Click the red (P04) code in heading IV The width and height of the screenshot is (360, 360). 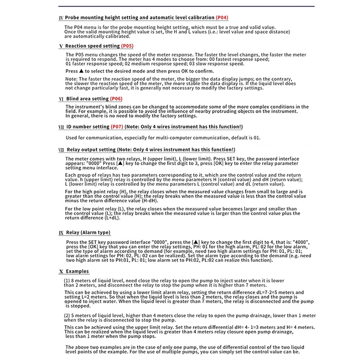[x=222, y=18]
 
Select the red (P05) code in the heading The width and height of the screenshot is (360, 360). [x=127, y=46]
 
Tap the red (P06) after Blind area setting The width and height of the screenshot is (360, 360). [x=116, y=99]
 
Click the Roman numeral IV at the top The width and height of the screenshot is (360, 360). [x=61, y=18]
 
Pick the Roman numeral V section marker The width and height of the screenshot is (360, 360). [x=61, y=46]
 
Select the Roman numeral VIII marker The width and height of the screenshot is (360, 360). [x=61, y=149]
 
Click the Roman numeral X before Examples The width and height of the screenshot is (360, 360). [x=61, y=272]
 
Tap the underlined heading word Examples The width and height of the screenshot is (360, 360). [x=77, y=271]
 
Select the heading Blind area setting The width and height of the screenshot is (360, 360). [x=87, y=99]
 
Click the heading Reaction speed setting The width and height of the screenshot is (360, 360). [x=92, y=46]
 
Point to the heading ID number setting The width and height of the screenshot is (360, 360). [x=87, y=127]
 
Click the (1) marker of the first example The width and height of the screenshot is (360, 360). [x=67, y=281]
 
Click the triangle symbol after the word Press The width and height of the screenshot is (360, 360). [x=81, y=71]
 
